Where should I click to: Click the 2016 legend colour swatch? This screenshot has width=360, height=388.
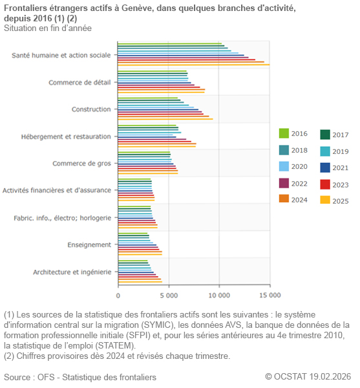click(284, 134)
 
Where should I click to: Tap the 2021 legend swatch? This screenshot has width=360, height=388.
click(325, 167)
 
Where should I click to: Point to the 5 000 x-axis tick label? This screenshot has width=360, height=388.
click(169, 295)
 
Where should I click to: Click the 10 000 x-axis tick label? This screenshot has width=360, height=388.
click(219, 295)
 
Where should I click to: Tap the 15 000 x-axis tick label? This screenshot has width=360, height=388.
click(270, 295)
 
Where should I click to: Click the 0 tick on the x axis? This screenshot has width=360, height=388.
click(118, 295)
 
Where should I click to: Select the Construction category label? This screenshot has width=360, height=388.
click(91, 109)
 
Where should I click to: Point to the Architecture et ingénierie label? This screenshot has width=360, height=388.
click(72, 272)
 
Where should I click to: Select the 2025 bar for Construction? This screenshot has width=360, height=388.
click(165, 119)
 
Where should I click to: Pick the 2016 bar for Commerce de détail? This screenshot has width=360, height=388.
click(153, 71)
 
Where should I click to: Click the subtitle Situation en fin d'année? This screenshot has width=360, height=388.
click(47, 28)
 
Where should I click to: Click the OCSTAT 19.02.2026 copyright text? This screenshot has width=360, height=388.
click(308, 376)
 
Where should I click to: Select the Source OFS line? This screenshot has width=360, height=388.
click(79, 376)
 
